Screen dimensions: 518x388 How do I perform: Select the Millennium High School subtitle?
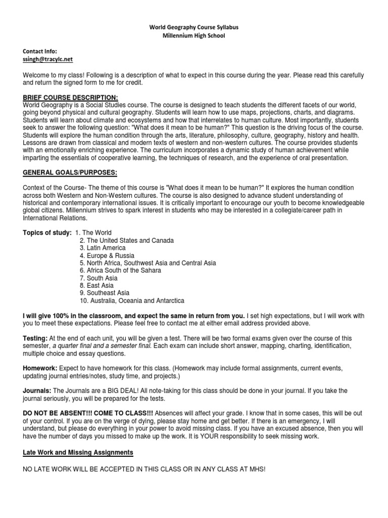click(193, 35)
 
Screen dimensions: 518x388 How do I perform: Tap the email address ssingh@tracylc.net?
click(47, 59)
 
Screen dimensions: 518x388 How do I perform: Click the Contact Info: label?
click(40, 52)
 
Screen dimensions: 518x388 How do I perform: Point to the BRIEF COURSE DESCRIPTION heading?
click(70, 97)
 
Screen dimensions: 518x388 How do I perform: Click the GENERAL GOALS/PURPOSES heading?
click(70, 173)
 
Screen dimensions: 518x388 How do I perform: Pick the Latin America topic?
click(103, 248)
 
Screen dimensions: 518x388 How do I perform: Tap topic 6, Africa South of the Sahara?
click(120, 271)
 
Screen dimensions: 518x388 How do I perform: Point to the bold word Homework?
click(40, 368)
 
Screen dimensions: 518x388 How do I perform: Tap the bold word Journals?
click(37, 390)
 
